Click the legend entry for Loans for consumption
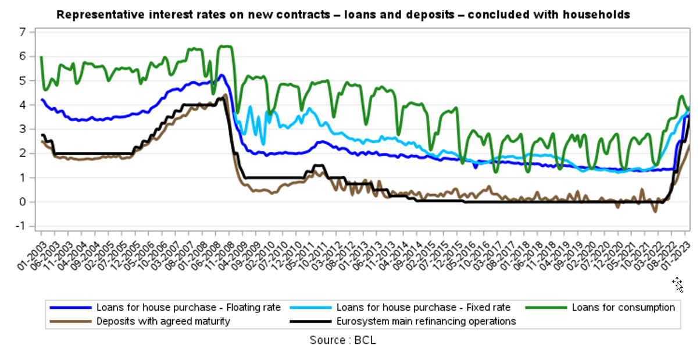click(x=623, y=307)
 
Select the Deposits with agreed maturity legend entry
click(x=163, y=320)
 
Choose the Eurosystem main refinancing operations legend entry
click(x=426, y=320)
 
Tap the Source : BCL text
click(x=343, y=340)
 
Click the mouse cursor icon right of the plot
click(x=678, y=284)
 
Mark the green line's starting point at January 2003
click(x=41, y=57)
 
